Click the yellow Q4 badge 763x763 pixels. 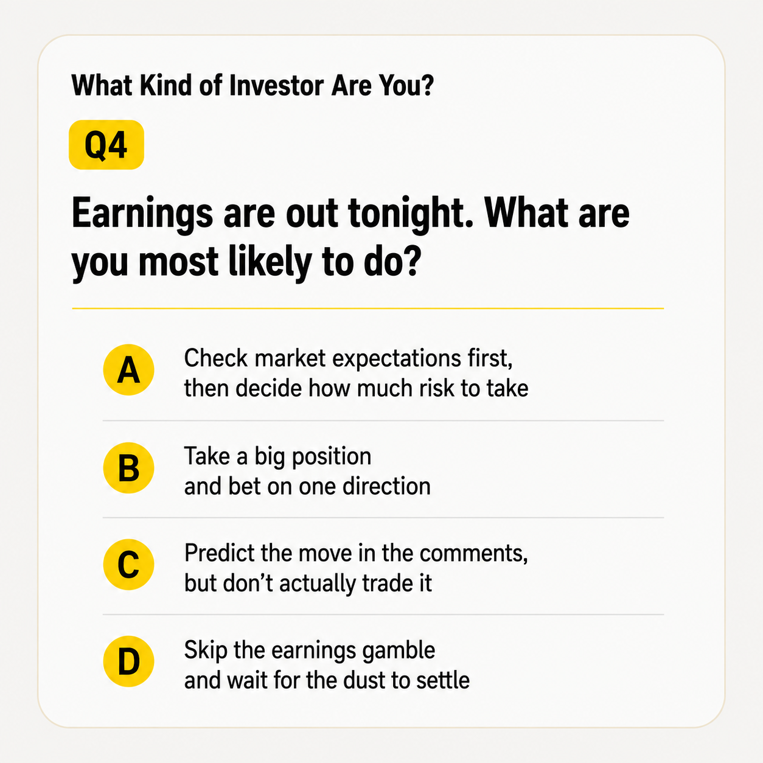(x=106, y=145)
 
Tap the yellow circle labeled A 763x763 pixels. (x=128, y=369)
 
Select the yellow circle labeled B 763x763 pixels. (x=128, y=468)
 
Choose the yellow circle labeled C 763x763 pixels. (x=128, y=564)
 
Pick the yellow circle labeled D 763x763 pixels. (x=128, y=661)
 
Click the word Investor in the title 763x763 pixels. (x=276, y=86)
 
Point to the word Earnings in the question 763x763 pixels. (x=142, y=215)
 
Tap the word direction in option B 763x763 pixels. (x=386, y=486)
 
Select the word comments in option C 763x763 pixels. (x=473, y=554)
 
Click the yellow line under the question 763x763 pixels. (x=368, y=308)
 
